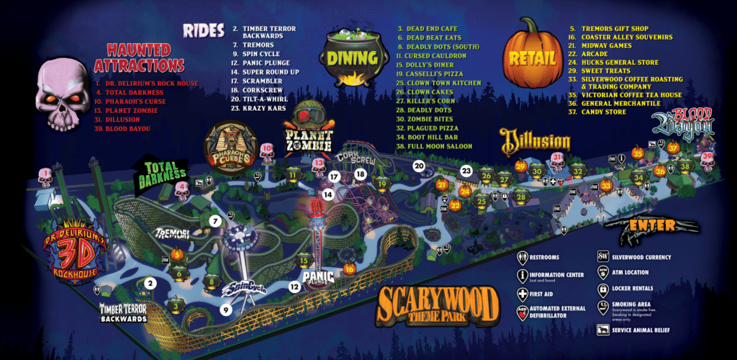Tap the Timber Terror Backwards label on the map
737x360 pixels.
[x=123, y=312]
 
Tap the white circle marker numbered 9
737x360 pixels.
[x=225, y=310]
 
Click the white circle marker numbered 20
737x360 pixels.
[x=419, y=166]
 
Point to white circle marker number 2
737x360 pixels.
[x=150, y=283]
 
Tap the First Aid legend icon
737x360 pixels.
[x=523, y=294]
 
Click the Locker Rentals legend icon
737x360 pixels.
[x=603, y=289]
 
